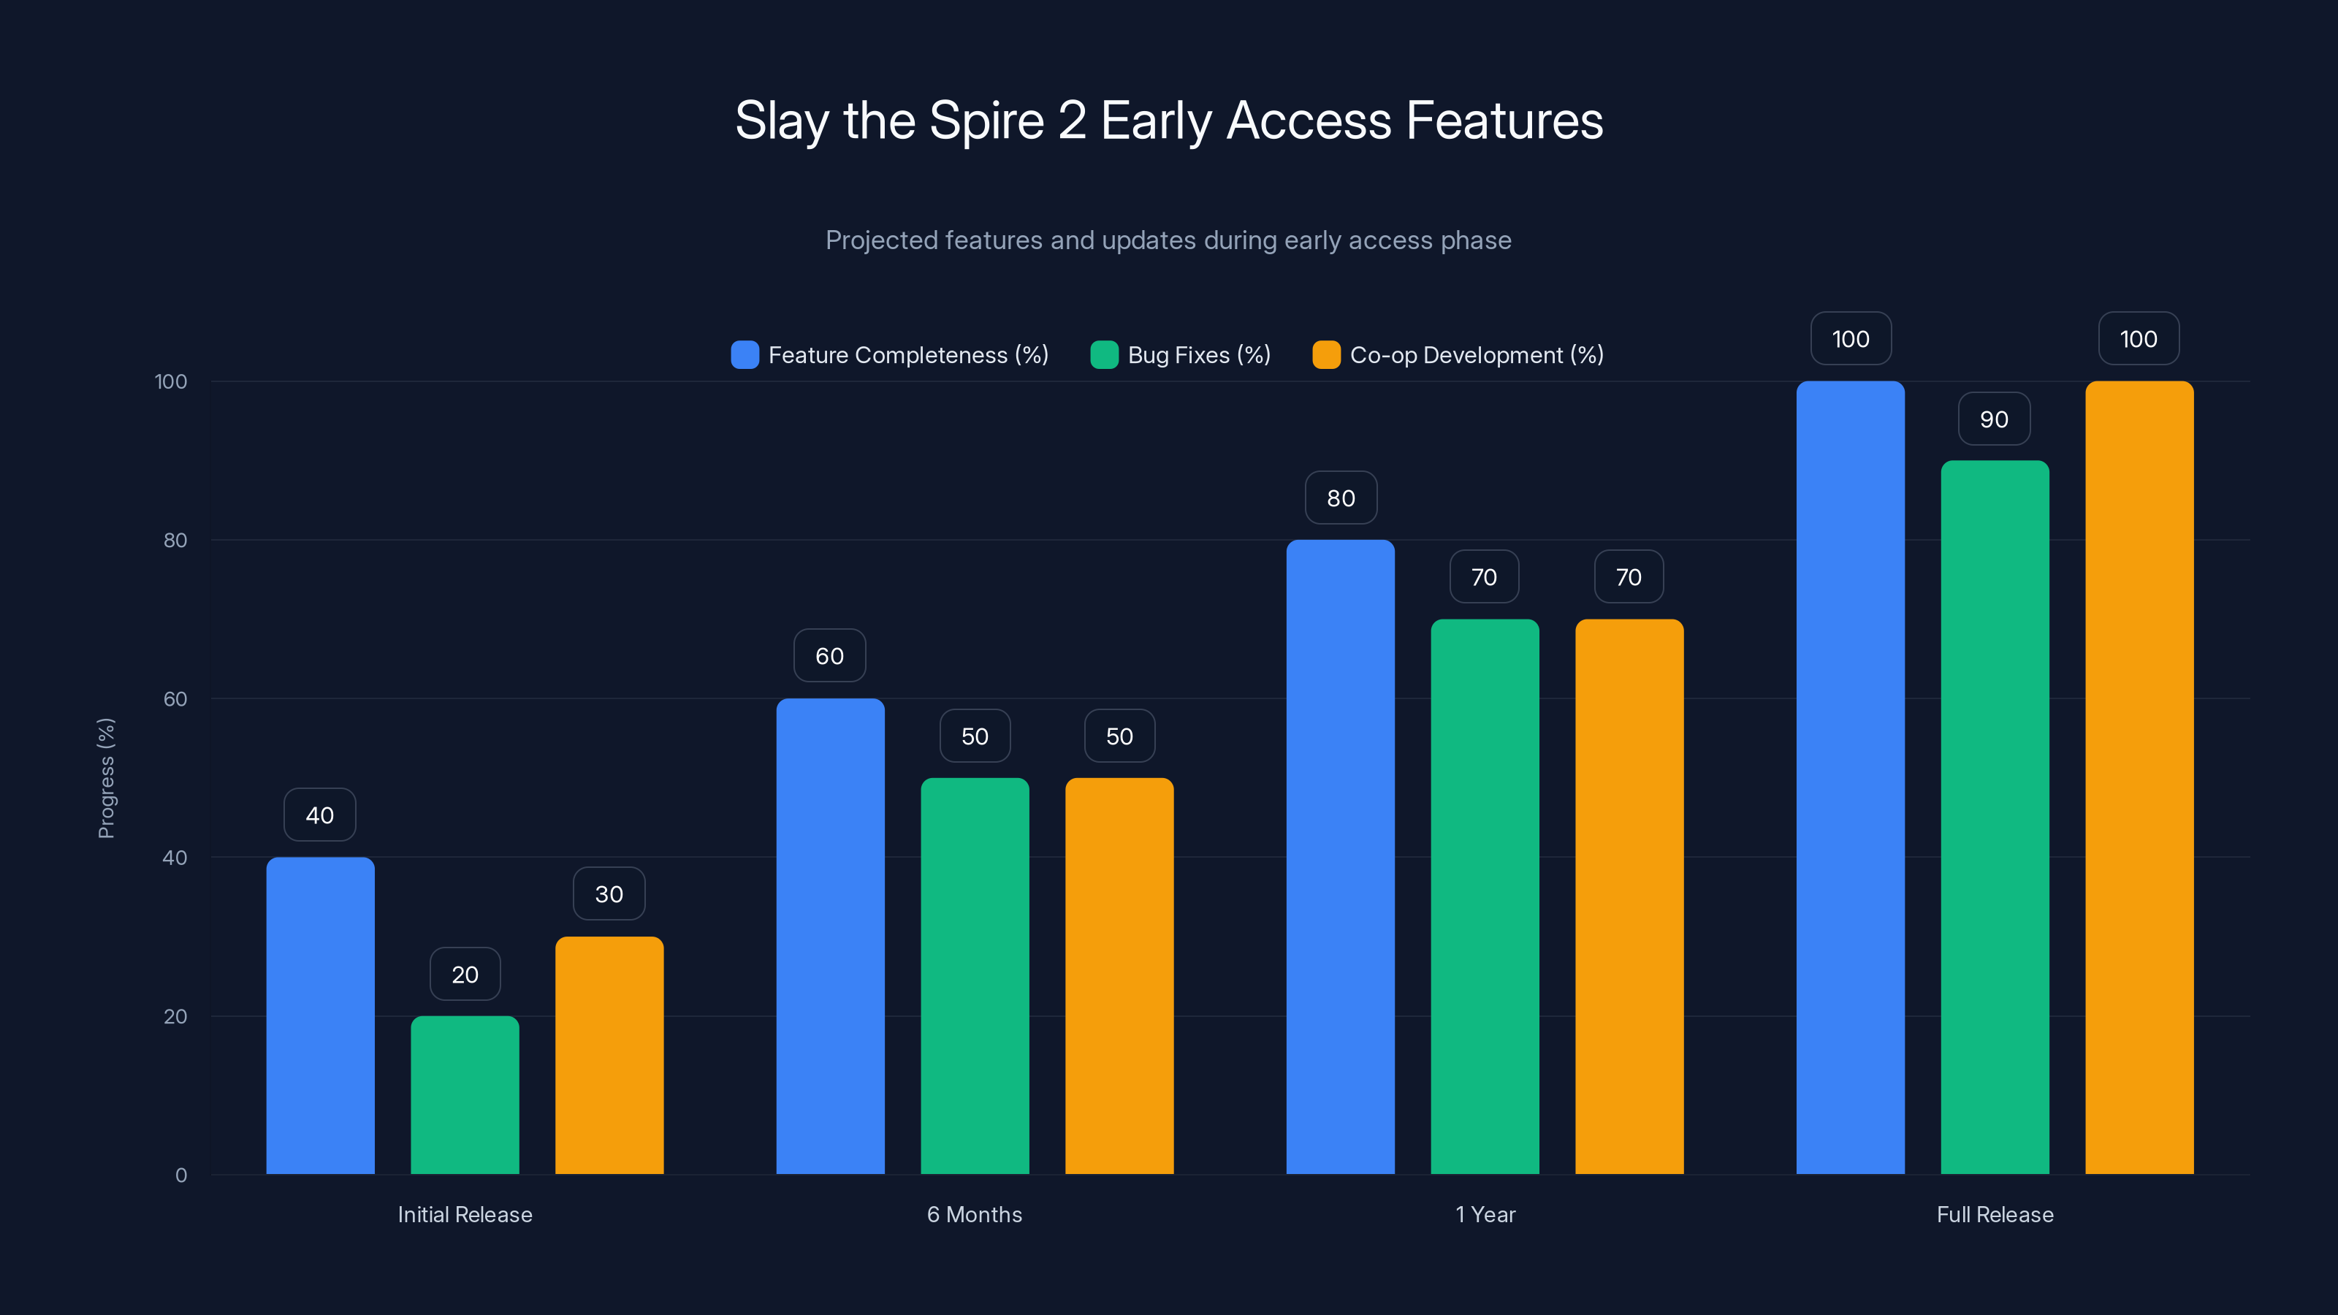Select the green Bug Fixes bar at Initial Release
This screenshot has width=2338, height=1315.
pyautogui.click(x=465, y=1094)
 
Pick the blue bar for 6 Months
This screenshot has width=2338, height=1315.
pyautogui.click(x=829, y=936)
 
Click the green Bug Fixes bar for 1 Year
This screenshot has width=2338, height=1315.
pyautogui.click(x=1484, y=896)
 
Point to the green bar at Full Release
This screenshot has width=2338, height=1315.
pyautogui.click(x=1994, y=817)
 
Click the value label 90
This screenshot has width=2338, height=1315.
pyautogui.click(x=1993, y=419)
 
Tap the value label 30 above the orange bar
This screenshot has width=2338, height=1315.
pyautogui.click(x=609, y=894)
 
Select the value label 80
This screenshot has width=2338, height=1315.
pyautogui.click(x=1341, y=498)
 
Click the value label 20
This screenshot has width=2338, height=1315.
pyautogui.click(x=465, y=974)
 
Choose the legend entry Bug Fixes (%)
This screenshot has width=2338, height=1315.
pyautogui.click(x=1198, y=355)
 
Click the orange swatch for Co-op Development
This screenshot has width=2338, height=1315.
pyautogui.click(x=1326, y=355)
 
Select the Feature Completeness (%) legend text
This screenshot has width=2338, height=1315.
pyautogui.click(x=907, y=355)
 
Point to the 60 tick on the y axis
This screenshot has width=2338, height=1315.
pyautogui.click(x=175, y=699)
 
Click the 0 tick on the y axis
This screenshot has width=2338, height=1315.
pyautogui.click(x=180, y=1175)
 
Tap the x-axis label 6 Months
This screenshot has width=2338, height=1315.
pyautogui.click(x=974, y=1214)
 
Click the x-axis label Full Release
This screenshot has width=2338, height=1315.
pyautogui.click(x=1994, y=1214)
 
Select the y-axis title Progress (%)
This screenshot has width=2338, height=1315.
pyautogui.click(x=106, y=778)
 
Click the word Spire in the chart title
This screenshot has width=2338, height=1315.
pyautogui.click(x=986, y=121)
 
